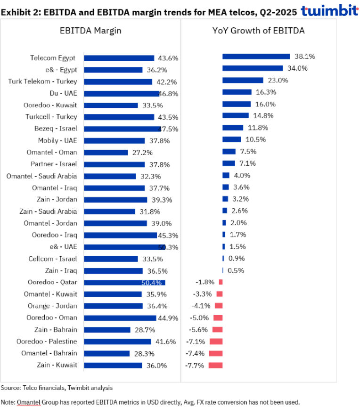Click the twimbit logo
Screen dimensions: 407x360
pos(329,11)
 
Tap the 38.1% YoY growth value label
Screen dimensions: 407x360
pos(305,56)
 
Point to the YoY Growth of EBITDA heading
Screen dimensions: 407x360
pos(258,31)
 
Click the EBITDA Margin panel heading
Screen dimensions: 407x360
pos(90,31)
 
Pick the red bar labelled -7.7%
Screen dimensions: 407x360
pos(215,365)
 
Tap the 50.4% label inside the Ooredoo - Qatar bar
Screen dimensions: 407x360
pos(151,283)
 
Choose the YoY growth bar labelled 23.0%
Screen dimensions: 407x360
pos(243,80)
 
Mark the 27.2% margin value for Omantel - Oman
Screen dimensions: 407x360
pos(140,153)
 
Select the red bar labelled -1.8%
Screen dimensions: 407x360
pos(221,282)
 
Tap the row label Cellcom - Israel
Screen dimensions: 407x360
pos(54,259)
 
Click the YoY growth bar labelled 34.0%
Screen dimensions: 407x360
pos(253,68)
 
